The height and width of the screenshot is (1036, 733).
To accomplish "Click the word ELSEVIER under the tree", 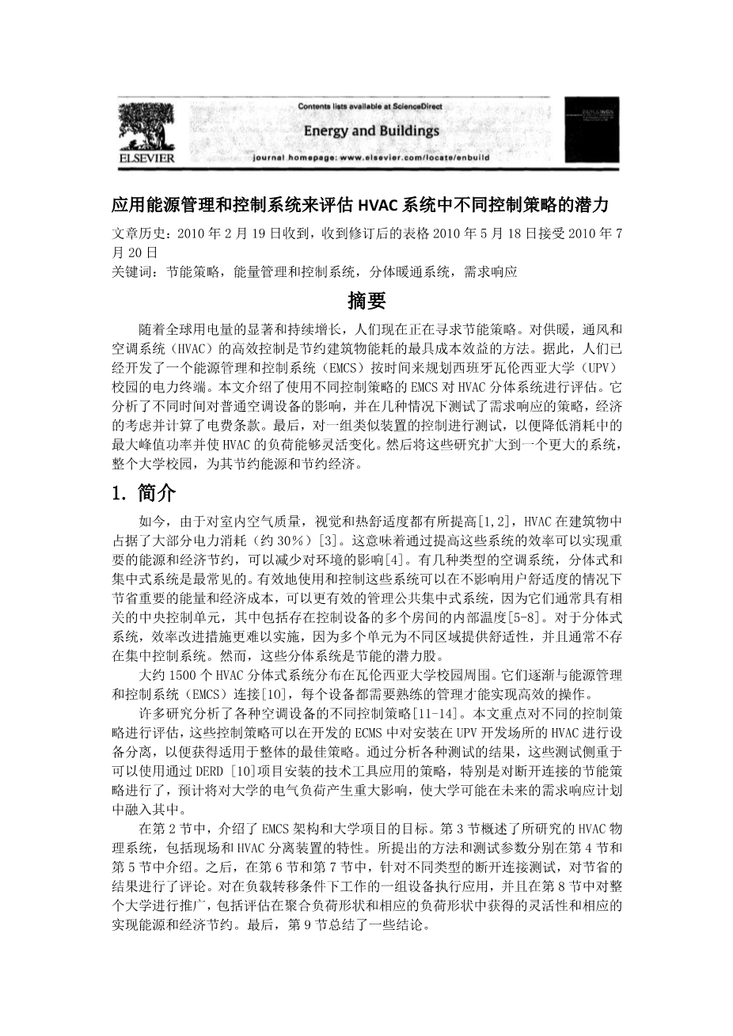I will [x=146, y=158].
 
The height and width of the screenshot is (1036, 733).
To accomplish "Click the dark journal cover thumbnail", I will [x=591, y=131].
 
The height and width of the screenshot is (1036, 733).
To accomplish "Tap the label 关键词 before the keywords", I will [x=135, y=271].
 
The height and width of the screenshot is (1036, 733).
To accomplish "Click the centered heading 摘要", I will [x=366, y=301].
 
